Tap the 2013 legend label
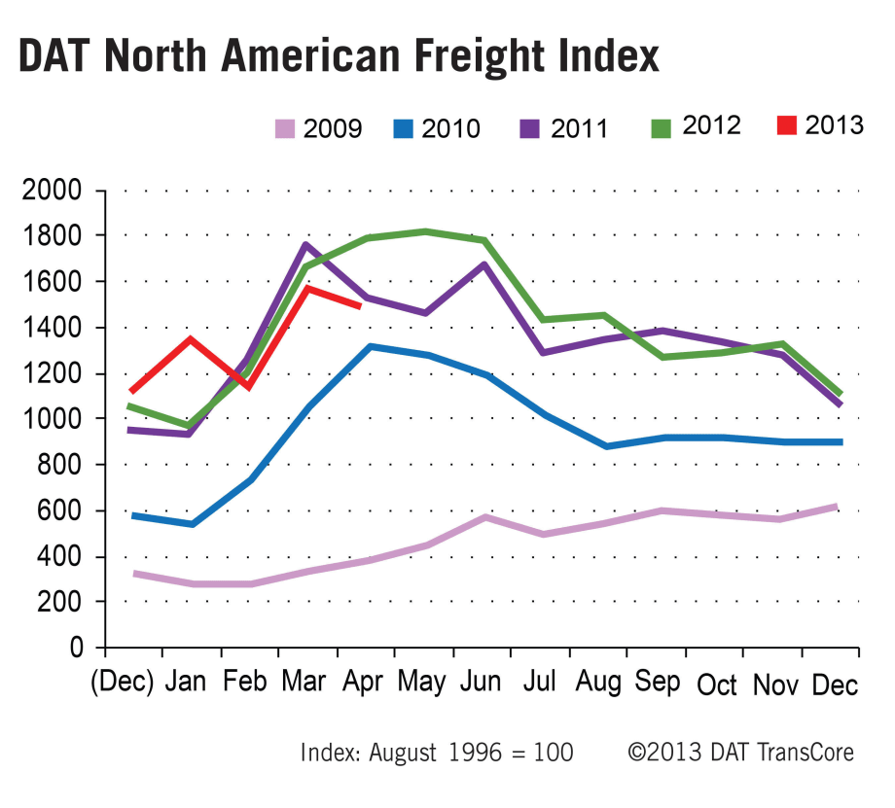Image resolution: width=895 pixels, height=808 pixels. [834, 124]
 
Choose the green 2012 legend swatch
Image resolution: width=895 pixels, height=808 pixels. [662, 125]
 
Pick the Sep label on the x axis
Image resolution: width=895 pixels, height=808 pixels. [658, 684]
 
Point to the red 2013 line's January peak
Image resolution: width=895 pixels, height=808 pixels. [190, 339]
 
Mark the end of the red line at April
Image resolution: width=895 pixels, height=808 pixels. [360, 305]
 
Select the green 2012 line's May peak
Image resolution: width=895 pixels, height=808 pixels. [424, 231]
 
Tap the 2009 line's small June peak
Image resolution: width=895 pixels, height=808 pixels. [483, 517]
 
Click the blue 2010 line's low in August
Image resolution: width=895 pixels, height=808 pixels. [606, 446]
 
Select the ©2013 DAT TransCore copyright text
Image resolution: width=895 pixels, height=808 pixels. [741, 753]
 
